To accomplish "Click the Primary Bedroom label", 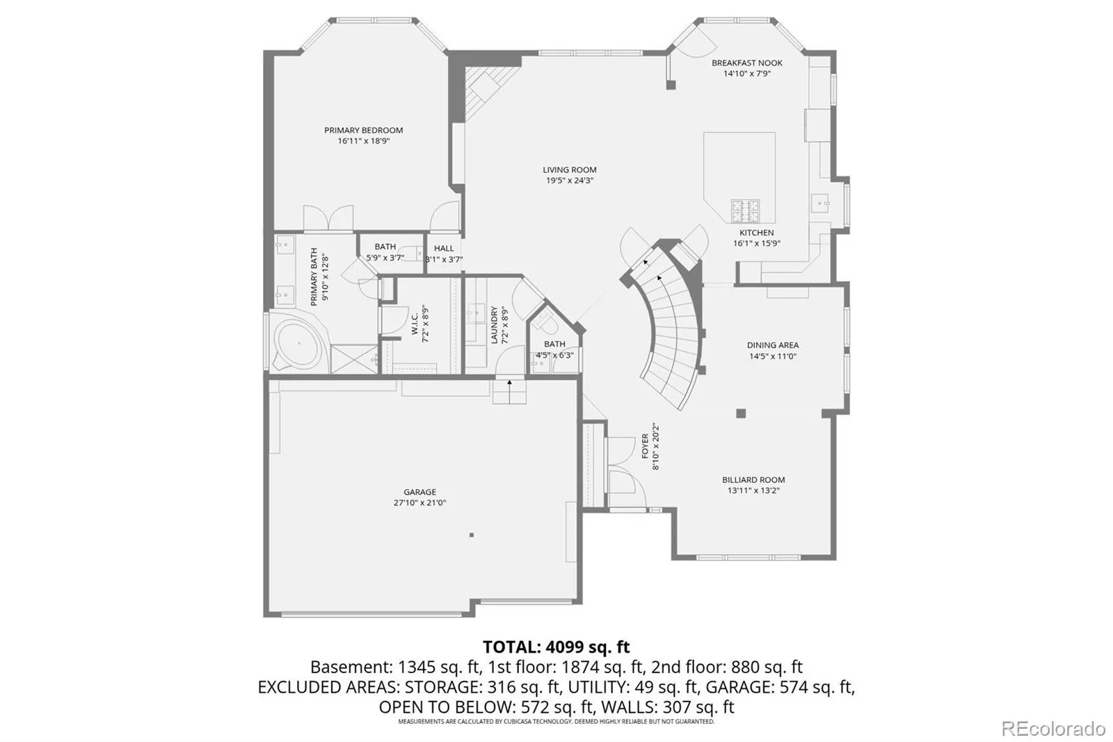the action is click(363, 130).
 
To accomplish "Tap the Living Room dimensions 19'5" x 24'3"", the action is click(570, 180).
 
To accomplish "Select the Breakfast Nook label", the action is click(747, 63).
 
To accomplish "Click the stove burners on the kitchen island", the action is click(745, 211).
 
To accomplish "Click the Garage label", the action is click(420, 492).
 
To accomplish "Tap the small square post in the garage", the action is click(472, 535).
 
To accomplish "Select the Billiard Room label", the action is click(753, 480).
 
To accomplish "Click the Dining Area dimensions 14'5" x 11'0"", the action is click(773, 356).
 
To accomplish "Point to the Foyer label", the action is click(645, 446).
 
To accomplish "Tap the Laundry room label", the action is click(494, 325).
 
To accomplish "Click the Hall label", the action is click(444, 248).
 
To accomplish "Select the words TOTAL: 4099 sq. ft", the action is click(556, 647).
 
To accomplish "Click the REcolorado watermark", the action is click(1053, 729).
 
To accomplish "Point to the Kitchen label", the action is click(756, 232).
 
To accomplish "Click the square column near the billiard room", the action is click(741, 413).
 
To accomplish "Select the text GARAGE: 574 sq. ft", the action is click(780, 687).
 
